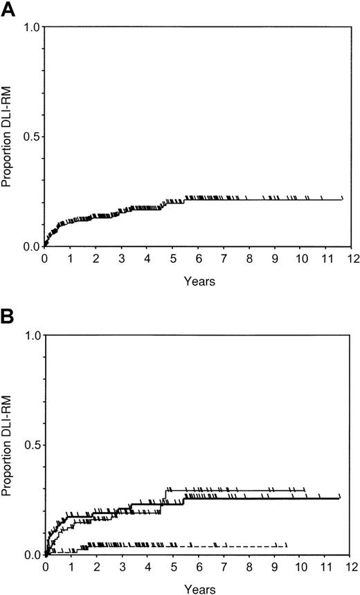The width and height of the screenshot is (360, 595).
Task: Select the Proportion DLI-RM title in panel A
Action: pyautogui.click(x=8, y=137)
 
